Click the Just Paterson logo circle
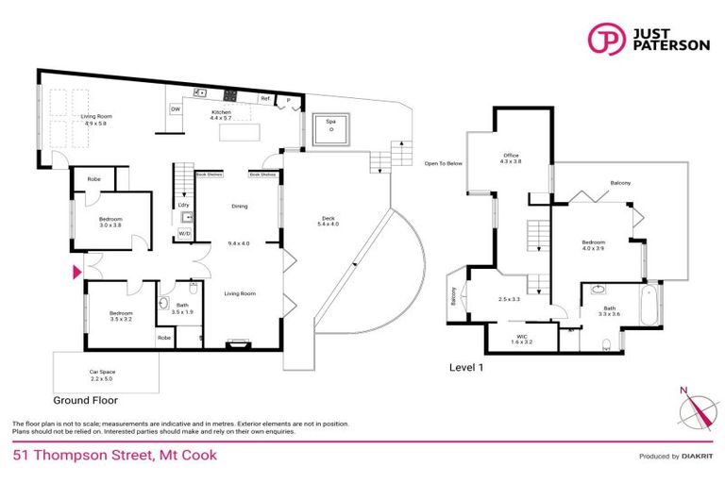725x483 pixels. pos(604,39)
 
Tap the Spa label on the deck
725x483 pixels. pos(331,123)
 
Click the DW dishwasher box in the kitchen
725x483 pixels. pos(176,109)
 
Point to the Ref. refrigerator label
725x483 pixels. pos(266,98)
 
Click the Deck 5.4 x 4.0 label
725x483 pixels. pos(329,223)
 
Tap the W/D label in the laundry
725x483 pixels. pos(185,233)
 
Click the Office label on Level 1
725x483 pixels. pos(511,158)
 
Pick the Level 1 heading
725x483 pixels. pos(468,368)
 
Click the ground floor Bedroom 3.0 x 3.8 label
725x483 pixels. pos(110,222)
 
